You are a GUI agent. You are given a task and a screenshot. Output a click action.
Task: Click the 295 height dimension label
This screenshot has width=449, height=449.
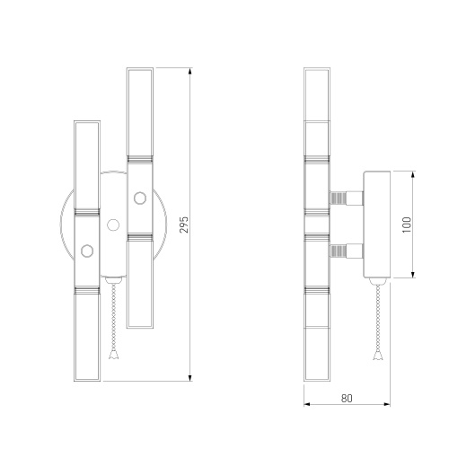[184, 224]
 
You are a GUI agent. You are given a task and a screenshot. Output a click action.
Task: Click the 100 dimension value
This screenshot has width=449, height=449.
[405, 223]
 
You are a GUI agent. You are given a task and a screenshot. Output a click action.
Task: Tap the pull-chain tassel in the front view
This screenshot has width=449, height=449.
[113, 355]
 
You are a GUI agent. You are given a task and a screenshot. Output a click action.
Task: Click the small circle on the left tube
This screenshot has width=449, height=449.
[86, 251]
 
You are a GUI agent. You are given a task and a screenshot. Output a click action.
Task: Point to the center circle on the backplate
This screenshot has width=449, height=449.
[112, 224]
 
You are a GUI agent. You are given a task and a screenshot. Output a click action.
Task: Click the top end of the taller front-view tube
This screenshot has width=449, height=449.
[139, 70]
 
